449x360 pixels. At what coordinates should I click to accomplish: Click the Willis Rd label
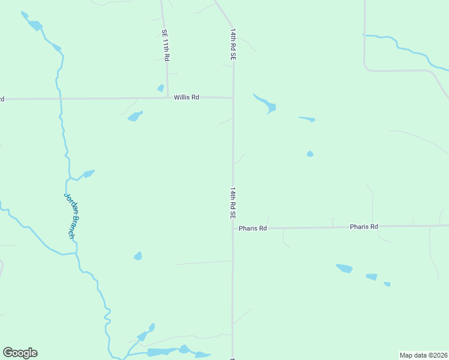pos(187,97)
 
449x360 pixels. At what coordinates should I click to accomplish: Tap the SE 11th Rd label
pos(166,45)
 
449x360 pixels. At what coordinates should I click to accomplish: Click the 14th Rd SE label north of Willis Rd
pos(232,43)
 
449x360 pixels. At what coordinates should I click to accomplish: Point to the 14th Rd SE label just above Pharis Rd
pos(232,202)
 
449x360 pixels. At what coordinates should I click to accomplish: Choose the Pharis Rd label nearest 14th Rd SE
pos(252,228)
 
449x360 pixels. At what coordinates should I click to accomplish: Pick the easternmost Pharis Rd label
pos(364,227)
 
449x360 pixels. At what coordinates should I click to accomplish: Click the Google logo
pos(20,353)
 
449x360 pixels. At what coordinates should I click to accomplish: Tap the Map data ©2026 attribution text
pos(424,355)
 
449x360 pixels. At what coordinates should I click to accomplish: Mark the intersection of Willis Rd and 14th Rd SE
pos(233,97)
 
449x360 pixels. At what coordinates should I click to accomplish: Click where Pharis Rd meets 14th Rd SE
pos(233,228)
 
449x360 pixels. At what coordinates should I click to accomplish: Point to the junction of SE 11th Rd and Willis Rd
pos(167,98)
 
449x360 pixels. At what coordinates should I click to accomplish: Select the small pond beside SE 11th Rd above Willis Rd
pos(160,88)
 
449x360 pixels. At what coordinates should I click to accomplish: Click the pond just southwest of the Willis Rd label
pos(134,116)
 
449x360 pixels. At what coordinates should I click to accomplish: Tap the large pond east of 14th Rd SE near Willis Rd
pos(268,105)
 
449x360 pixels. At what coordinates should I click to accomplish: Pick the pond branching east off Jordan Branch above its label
pos(88,174)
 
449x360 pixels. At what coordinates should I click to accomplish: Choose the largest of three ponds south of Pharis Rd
pos(345,268)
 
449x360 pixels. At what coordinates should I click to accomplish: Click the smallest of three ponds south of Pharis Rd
pos(387,284)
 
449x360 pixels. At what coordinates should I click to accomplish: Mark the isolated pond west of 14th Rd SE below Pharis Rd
pos(138,256)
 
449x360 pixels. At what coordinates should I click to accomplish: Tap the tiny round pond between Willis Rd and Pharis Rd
pos(310,154)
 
